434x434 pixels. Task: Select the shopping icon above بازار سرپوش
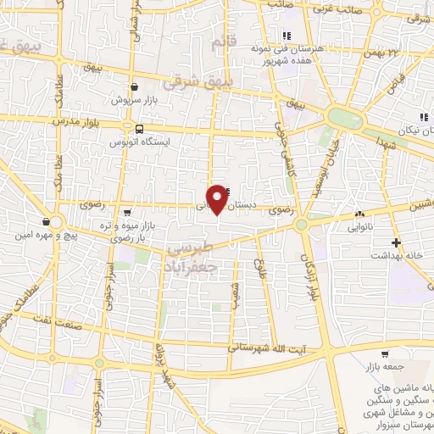135,86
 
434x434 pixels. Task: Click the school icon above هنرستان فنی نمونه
287,36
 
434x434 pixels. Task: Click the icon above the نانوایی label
359,215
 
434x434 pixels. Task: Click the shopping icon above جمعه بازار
386,354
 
